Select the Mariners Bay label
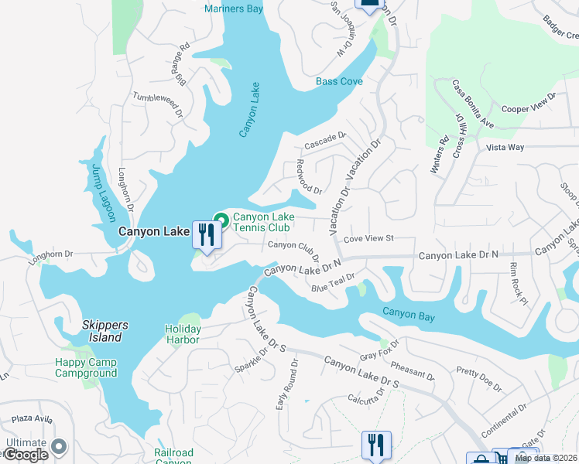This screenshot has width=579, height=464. (x=233, y=9)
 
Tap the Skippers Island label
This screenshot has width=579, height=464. (x=102, y=331)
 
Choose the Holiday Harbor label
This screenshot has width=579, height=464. (x=183, y=334)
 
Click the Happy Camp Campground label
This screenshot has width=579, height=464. (x=86, y=368)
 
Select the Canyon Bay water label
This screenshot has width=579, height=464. (x=408, y=312)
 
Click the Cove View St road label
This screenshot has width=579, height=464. (x=369, y=240)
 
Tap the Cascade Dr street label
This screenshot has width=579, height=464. (x=324, y=141)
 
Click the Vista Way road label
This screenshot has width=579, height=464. (x=505, y=147)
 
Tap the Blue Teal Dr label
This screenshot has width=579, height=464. (x=333, y=283)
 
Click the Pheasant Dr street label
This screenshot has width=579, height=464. (x=413, y=369)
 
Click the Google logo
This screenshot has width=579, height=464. (x=26, y=455)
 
